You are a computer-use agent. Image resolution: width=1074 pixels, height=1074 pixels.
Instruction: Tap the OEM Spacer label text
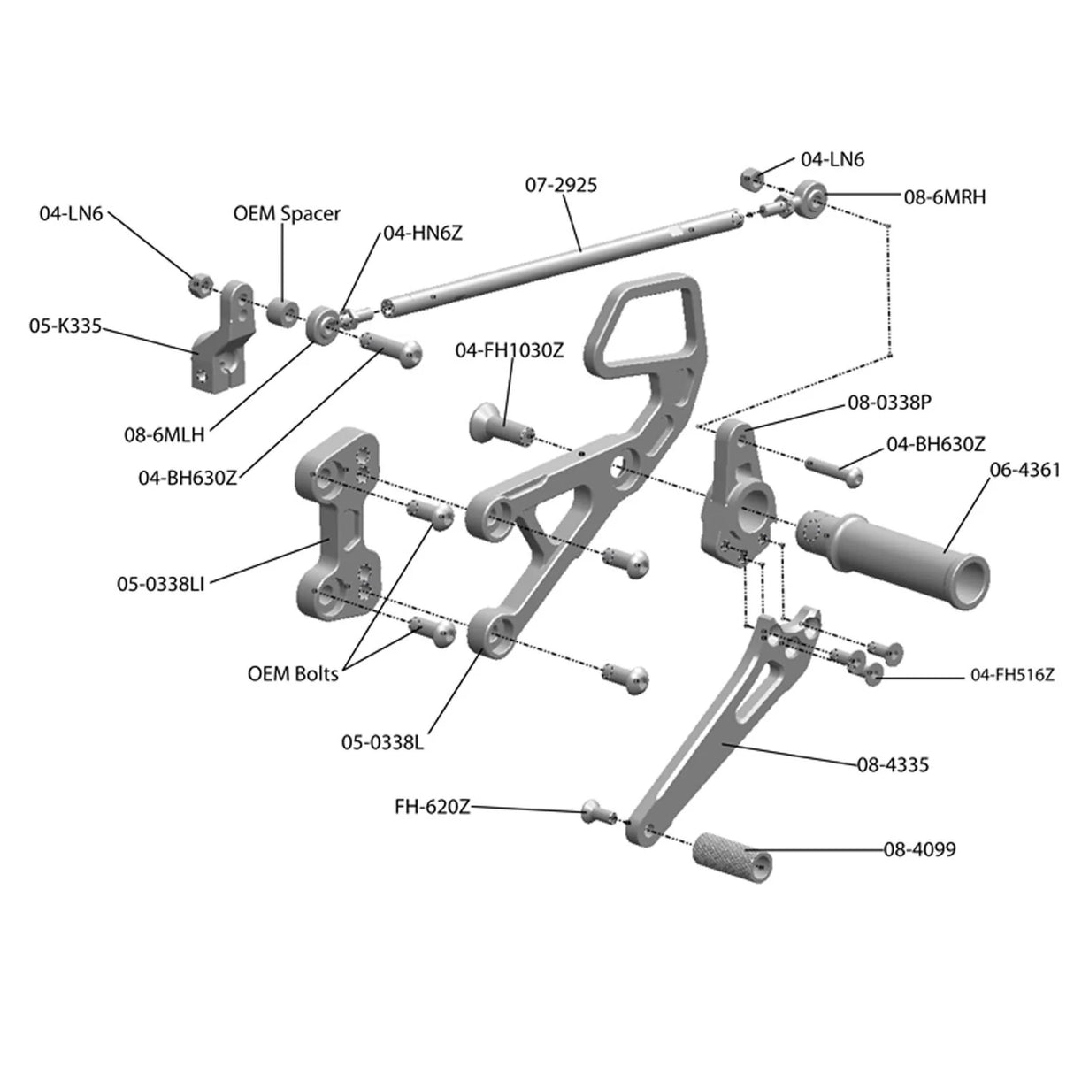[x=287, y=214]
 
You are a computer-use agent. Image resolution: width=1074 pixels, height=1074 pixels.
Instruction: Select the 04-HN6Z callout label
[x=423, y=232]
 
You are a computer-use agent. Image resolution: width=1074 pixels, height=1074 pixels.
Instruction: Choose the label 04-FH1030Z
[x=509, y=350]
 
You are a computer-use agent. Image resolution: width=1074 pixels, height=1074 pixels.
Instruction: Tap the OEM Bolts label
[x=293, y=673]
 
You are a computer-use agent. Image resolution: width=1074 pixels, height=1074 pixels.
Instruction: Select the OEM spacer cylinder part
[x=284, y=312]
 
